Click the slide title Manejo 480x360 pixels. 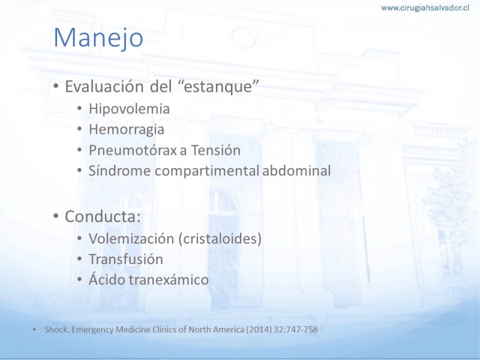click(98, 38)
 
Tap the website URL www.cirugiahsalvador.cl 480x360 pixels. click(425, 8)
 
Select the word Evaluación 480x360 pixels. click(104, 86)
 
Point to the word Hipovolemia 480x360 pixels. click(129, 109)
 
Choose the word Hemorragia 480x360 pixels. click(127, 130)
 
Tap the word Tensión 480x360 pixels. click(216, 150)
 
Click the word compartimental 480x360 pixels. click(207, 171)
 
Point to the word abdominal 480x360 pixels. click(296, 170)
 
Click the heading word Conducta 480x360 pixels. click(103, 216)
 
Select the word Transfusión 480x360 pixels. click(126, 259)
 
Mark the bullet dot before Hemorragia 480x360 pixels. click(79, 129)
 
